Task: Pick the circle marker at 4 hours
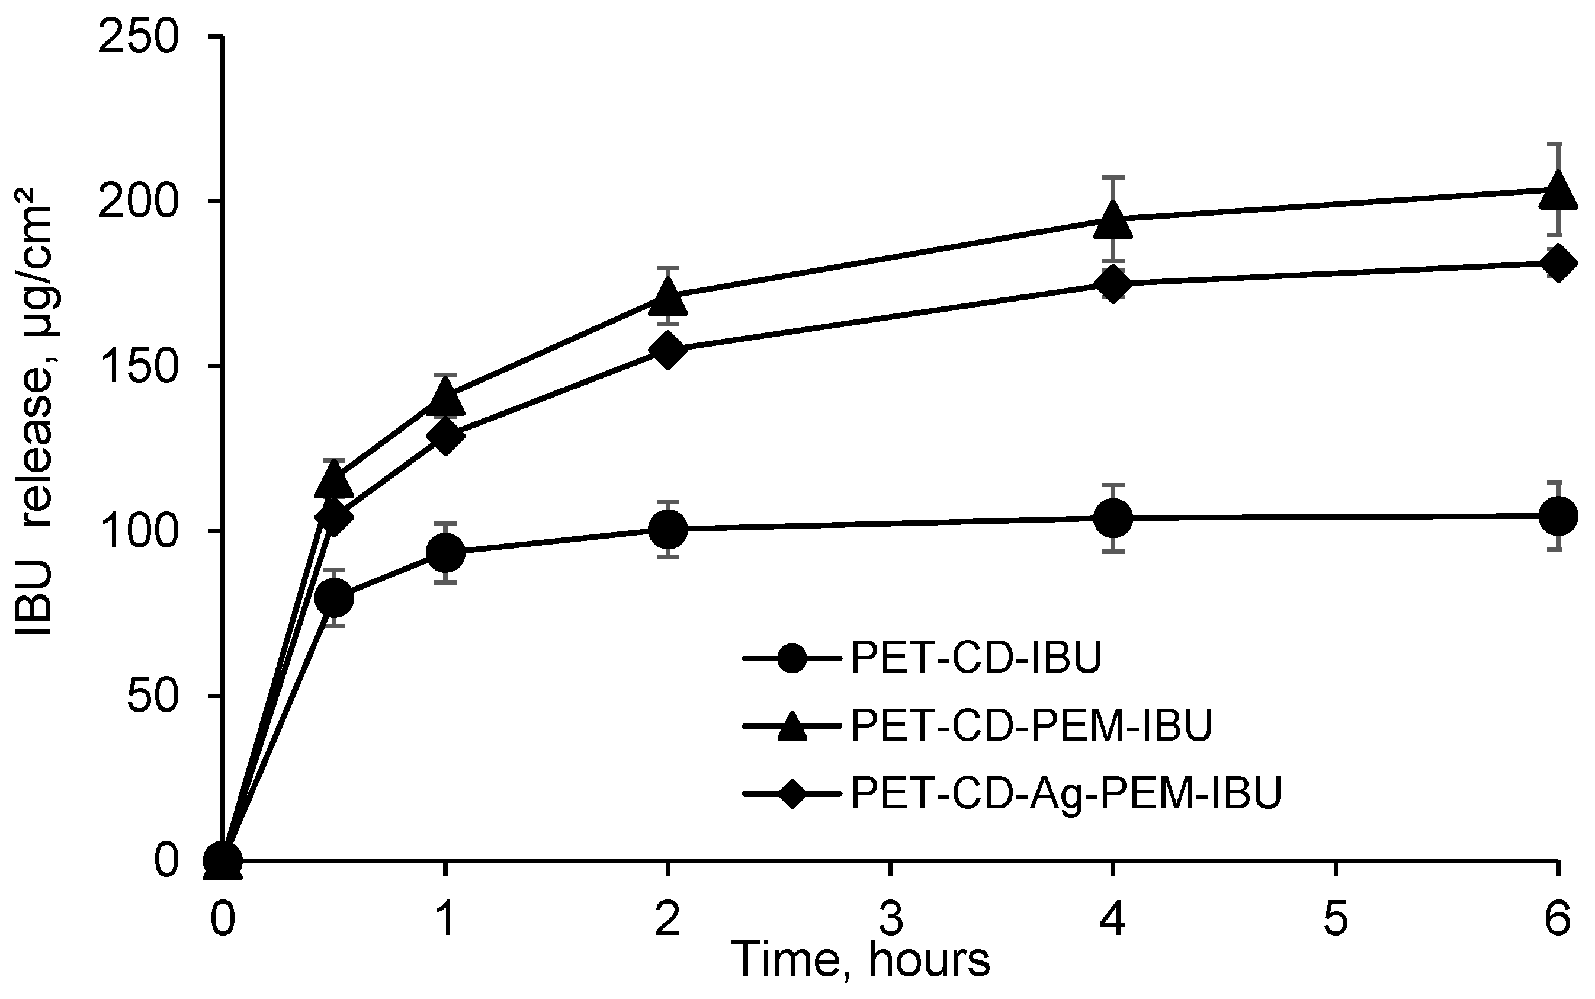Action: (1113, 517)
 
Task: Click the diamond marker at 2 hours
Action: (667, 350)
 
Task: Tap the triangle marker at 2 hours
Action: (667, 296)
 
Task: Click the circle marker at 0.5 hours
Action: (334, 597)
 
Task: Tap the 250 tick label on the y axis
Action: (137, 38)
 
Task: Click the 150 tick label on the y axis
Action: (137, 366)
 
